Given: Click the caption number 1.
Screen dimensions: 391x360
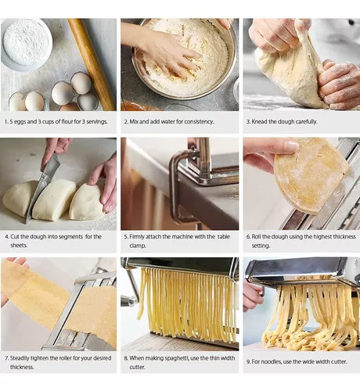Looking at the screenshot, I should tap(6, 123).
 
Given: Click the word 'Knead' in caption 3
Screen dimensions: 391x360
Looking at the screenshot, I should tap(261, 123).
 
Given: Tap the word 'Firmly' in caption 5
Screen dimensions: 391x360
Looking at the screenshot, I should tap(141, 236).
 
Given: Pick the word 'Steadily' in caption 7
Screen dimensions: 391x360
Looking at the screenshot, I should tap(23, 358).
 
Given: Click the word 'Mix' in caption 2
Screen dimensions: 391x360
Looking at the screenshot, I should tap(136, 123).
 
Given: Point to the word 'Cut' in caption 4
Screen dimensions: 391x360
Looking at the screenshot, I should tap(16, 236).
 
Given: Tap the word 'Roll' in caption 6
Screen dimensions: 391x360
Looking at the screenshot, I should tap(257, 236).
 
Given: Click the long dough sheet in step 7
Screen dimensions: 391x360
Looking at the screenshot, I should tap(59, 301).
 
